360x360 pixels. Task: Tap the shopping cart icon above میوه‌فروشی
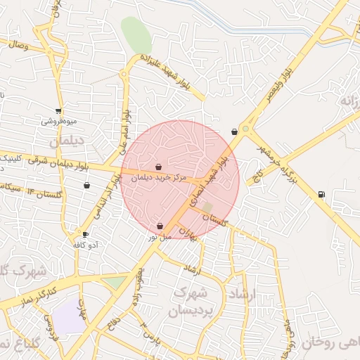[x=58, y=110]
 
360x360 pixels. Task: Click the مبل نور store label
[x=159, y=237]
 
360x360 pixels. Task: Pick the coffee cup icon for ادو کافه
[x=86, y=235]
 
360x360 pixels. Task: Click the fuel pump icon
[x=321, y=195]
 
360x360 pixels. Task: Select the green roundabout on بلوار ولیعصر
[x=245, y=129]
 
